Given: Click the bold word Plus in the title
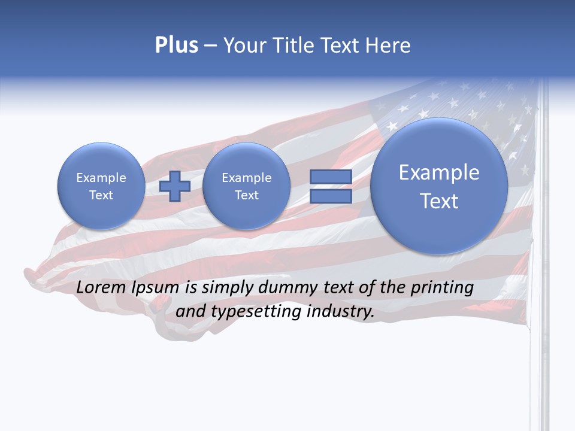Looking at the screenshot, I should point(176,45).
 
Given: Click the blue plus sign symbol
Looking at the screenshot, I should point(174,186).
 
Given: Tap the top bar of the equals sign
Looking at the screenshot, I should point(331,177).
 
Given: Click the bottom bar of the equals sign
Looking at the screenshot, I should point(331,196).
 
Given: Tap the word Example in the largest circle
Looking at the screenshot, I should point(439,172).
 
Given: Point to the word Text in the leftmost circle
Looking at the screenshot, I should point(101,195).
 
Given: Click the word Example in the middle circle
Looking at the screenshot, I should point(246,178).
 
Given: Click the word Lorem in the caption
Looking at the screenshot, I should point(102,288).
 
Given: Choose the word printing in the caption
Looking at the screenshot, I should point(442,288).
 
